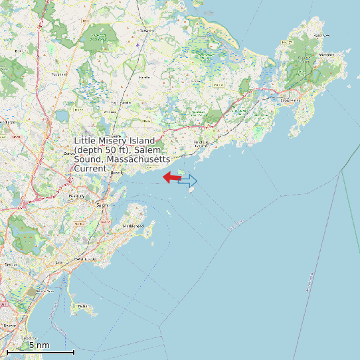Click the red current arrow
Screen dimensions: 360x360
(172, 177)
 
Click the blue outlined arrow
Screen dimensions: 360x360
(189, 180)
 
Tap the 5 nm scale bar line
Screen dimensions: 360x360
(40, 351)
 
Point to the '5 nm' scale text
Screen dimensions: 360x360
(39, 345)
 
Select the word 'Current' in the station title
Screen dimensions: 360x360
(90, 169)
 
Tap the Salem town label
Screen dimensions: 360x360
(102, 206)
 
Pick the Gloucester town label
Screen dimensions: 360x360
(290, 100)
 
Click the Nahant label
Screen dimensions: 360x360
(84, 305)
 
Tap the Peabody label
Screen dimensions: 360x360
(77, 197)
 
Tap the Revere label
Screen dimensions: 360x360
(9, 325)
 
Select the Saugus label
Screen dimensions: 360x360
(11, 264)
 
